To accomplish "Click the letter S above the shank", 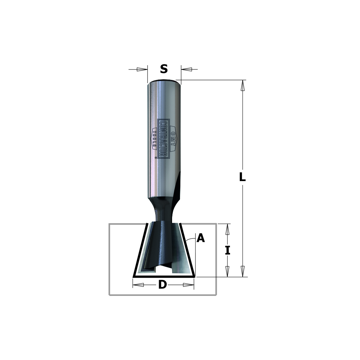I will pyautogui.click(x=164, y=69).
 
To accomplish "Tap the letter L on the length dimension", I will pyautogui.click(x=243, y=177).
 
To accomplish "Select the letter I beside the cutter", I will pyautogui.click(x=227, y=250).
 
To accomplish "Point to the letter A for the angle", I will pyautogui.click(x=201, y=238).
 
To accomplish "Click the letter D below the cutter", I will pyautogui.click(x=163, y=285).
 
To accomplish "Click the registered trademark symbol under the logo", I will pyautogui.click(x=156, y=157).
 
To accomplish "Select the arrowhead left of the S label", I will pyautogui.click(x=143, y=69).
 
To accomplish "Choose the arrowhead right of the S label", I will pyautogui.click(x=186, y=69).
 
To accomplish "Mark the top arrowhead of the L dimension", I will pyautogui.click(x=243, y=85).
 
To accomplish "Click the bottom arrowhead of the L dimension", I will pyautogui.click(x=243, y=271).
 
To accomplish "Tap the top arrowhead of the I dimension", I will pyautogui.click(x=227, y=229).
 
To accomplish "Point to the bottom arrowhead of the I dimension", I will pyautogui.click(x=227, y=271).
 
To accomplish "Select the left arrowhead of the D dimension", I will pyautogui.click(x=139, y=285).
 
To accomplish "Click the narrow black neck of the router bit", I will pyautogui.click(x=164, y=209).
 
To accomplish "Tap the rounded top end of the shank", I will pyautogui.click(x=164, y=82).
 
